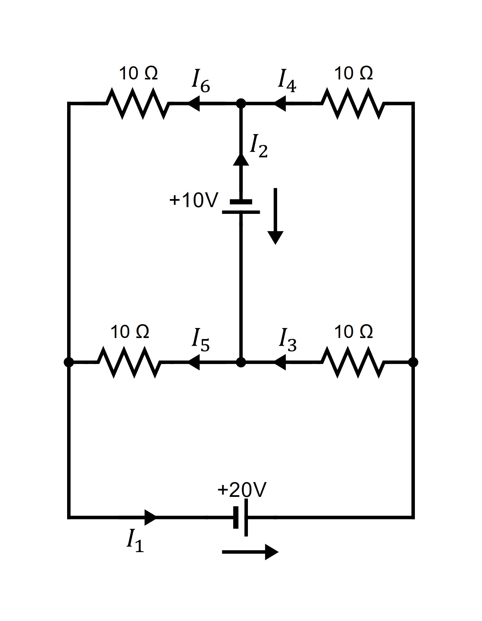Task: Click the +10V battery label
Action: click(194, 200)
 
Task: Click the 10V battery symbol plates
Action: click(241, 207)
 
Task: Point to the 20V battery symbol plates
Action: click(241, 517)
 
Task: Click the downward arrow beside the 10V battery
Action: click(275, 216)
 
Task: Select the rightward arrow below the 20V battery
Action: click(250, 552)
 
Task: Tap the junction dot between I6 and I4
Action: click(241, 103)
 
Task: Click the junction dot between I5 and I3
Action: click(241, 362)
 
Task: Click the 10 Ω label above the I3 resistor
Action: click(353, 332)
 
